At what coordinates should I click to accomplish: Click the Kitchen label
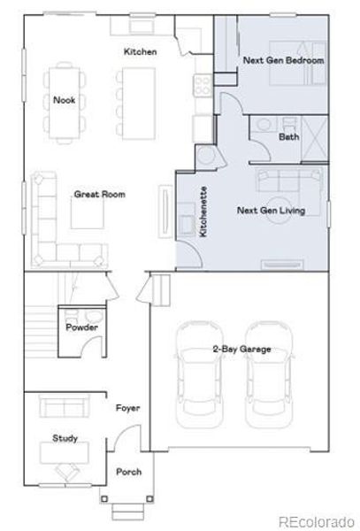pyautogui.click(x=140, y=52)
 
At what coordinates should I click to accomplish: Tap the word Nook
pyautogui.click(x=63, y=100)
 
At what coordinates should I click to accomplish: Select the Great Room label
pyautogui.click(x=99, y=194)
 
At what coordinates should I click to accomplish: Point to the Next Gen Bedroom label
pyautogui.click(x=271, y=60)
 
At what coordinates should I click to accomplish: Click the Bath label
pyautogui.click(x=288, y=137)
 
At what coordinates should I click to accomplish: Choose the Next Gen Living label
pyautogui.click(x=270, y=211)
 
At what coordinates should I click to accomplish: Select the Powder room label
pyautogui.click(x=81, y=328)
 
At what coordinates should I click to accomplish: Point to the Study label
pyautogui.click(x=65, y=437)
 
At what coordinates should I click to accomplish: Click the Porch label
pyautogui.click(x=128, y=472)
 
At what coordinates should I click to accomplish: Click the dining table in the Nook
pyautogui.click(x=64, y=101)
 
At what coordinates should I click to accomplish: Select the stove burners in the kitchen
pyautogui.click(x=203, y=85)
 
